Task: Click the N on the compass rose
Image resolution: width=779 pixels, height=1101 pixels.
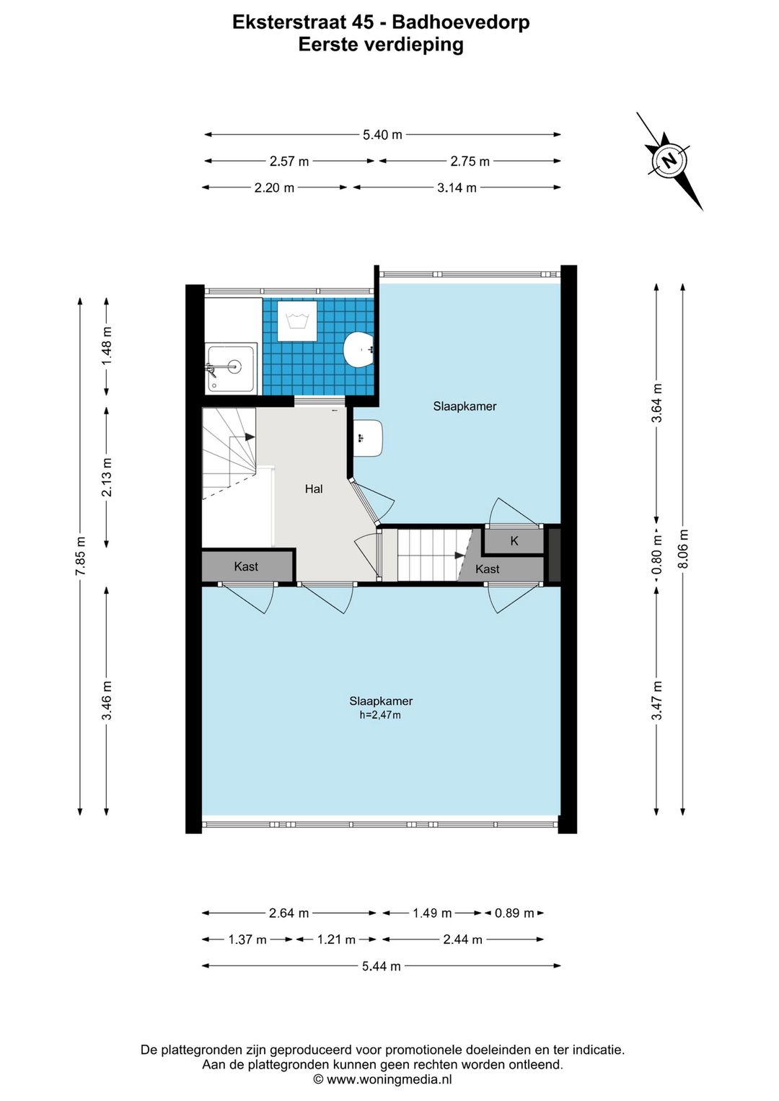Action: pyautogui.click(x=669, y=160)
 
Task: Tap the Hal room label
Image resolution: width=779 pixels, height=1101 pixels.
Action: pyautogui.click(x=314, y=488)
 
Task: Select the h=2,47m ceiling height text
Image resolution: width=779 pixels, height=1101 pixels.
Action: pyautogui.click(x=380, y=715)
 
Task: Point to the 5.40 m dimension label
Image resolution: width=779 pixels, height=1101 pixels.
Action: pyautogui.click(x=382, y=135)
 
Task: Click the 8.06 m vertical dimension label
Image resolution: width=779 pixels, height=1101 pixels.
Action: pyautogui.click(x=682, y=548)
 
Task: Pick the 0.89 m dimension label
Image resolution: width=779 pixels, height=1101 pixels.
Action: pyautogui.click(x=514, y=913)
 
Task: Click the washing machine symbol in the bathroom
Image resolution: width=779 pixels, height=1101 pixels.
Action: pyautogui.click(x=297, y=321)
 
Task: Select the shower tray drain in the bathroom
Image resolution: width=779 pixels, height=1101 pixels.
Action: pyautogui.click(x=235, y=366)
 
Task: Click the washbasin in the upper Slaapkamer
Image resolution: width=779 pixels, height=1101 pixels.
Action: pyautogui.click(x=369, y=437)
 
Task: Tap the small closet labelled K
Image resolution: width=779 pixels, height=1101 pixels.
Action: pyautogui.click(x=514, y=540)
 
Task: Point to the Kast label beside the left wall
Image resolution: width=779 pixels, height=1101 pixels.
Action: pyautogui.click(x=246, y=566)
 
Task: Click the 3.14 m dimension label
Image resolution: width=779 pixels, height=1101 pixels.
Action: pyautogui.click(x=457, y=188)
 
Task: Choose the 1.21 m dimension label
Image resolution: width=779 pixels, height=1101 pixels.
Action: pyautogui.click(x=336, y=939)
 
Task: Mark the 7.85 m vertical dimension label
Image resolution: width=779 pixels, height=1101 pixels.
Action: pyautogui.click(x=81, y=556)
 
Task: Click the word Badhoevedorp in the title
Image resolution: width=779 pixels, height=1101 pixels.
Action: pyautogui.click(x=461, y=22)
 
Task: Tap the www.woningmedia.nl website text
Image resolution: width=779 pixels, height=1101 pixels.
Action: pyautogui.click(x=389, y=1079)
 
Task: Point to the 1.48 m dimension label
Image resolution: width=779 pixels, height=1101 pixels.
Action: pyautogui.click(x=107, y=346)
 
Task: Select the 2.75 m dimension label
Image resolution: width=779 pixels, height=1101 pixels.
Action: pyautogui.click(x=470, y=161)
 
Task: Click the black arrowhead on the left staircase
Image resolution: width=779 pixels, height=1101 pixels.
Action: pyautogui.click(x=250, y=437)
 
